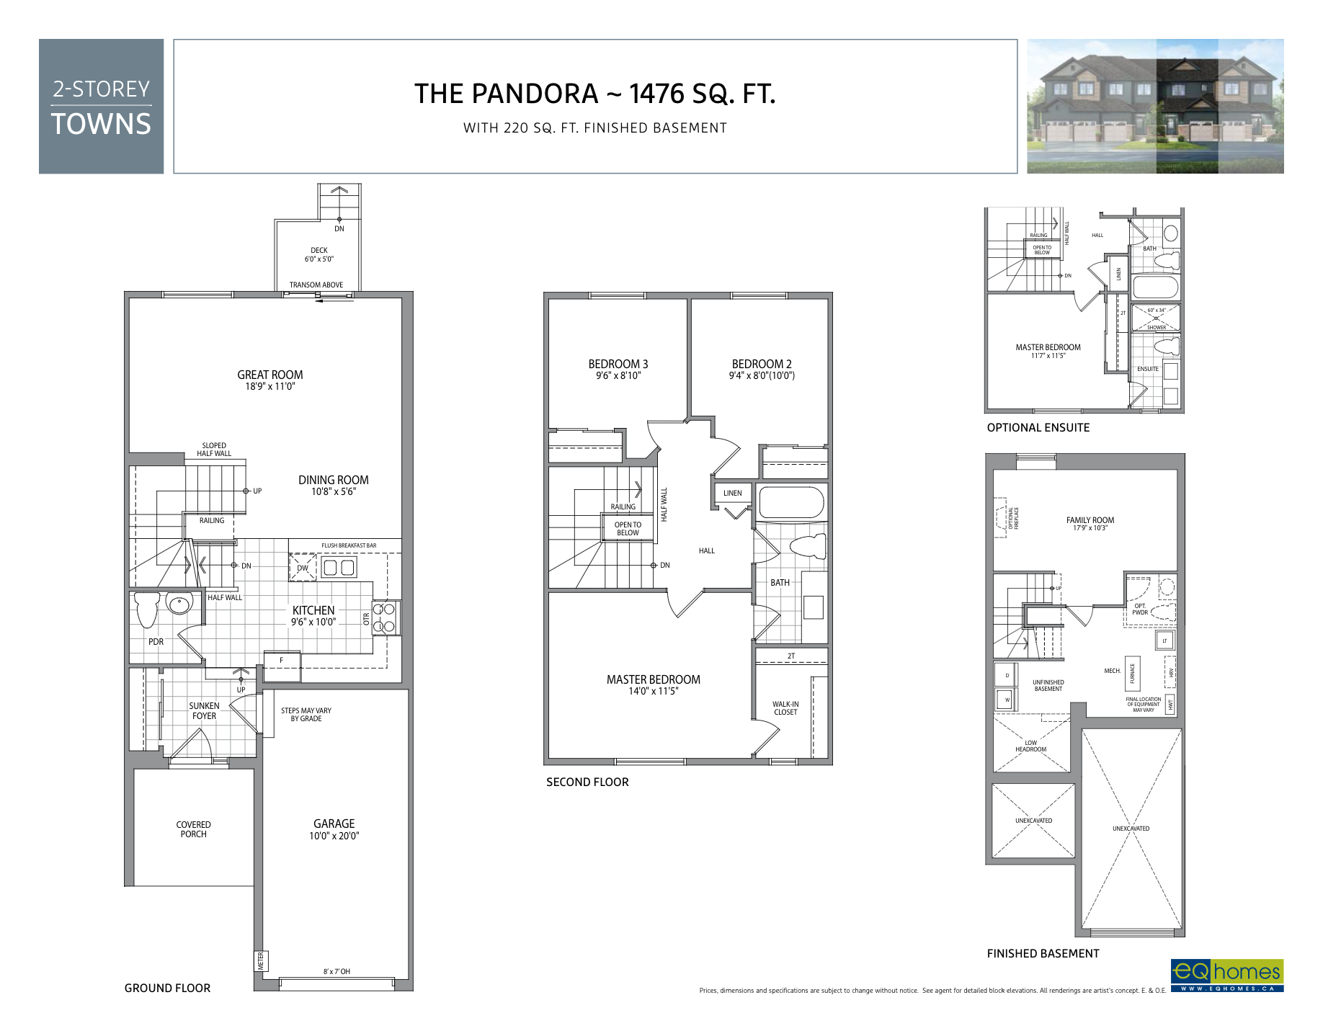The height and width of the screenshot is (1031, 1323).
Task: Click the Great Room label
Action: click(x=270, y=375)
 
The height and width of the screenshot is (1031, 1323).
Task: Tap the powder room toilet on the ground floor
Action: click(x=147, y=609)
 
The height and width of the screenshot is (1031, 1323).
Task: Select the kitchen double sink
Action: click(x=339, y=568)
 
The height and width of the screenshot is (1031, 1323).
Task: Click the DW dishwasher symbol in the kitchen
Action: click(x=303, y=568)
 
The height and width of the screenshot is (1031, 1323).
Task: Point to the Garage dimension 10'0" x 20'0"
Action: click(x=334, y=836)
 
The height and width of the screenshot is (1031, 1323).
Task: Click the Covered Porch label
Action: click(x=193, y=829)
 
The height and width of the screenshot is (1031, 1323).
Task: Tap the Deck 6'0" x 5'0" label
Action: click(x=318, y=254)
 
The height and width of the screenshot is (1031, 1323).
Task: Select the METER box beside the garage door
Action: click(x=261, y=960)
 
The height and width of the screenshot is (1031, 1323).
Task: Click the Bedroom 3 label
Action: click(x=618, y=365)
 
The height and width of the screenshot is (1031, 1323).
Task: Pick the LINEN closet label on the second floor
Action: click(x=732, y=494)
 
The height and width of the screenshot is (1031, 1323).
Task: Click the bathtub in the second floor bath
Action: click(x=791, y=503)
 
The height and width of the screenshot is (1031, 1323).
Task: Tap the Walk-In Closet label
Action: click(x=785, y=708)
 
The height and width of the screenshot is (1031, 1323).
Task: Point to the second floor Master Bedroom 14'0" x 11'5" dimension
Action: click(x=653, y=692)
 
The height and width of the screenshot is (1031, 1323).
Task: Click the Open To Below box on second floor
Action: click(x=628, y=529)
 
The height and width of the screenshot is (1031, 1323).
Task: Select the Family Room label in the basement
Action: click(x=1090, y=520)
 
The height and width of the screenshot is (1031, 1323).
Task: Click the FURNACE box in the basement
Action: click(x=1132, y=673)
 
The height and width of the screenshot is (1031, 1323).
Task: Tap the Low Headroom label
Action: click(x=1030, y=746)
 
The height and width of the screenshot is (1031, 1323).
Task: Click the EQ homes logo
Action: click(x=1226, y=975)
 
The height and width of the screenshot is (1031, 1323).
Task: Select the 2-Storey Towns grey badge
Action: click(x=101, y=107)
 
